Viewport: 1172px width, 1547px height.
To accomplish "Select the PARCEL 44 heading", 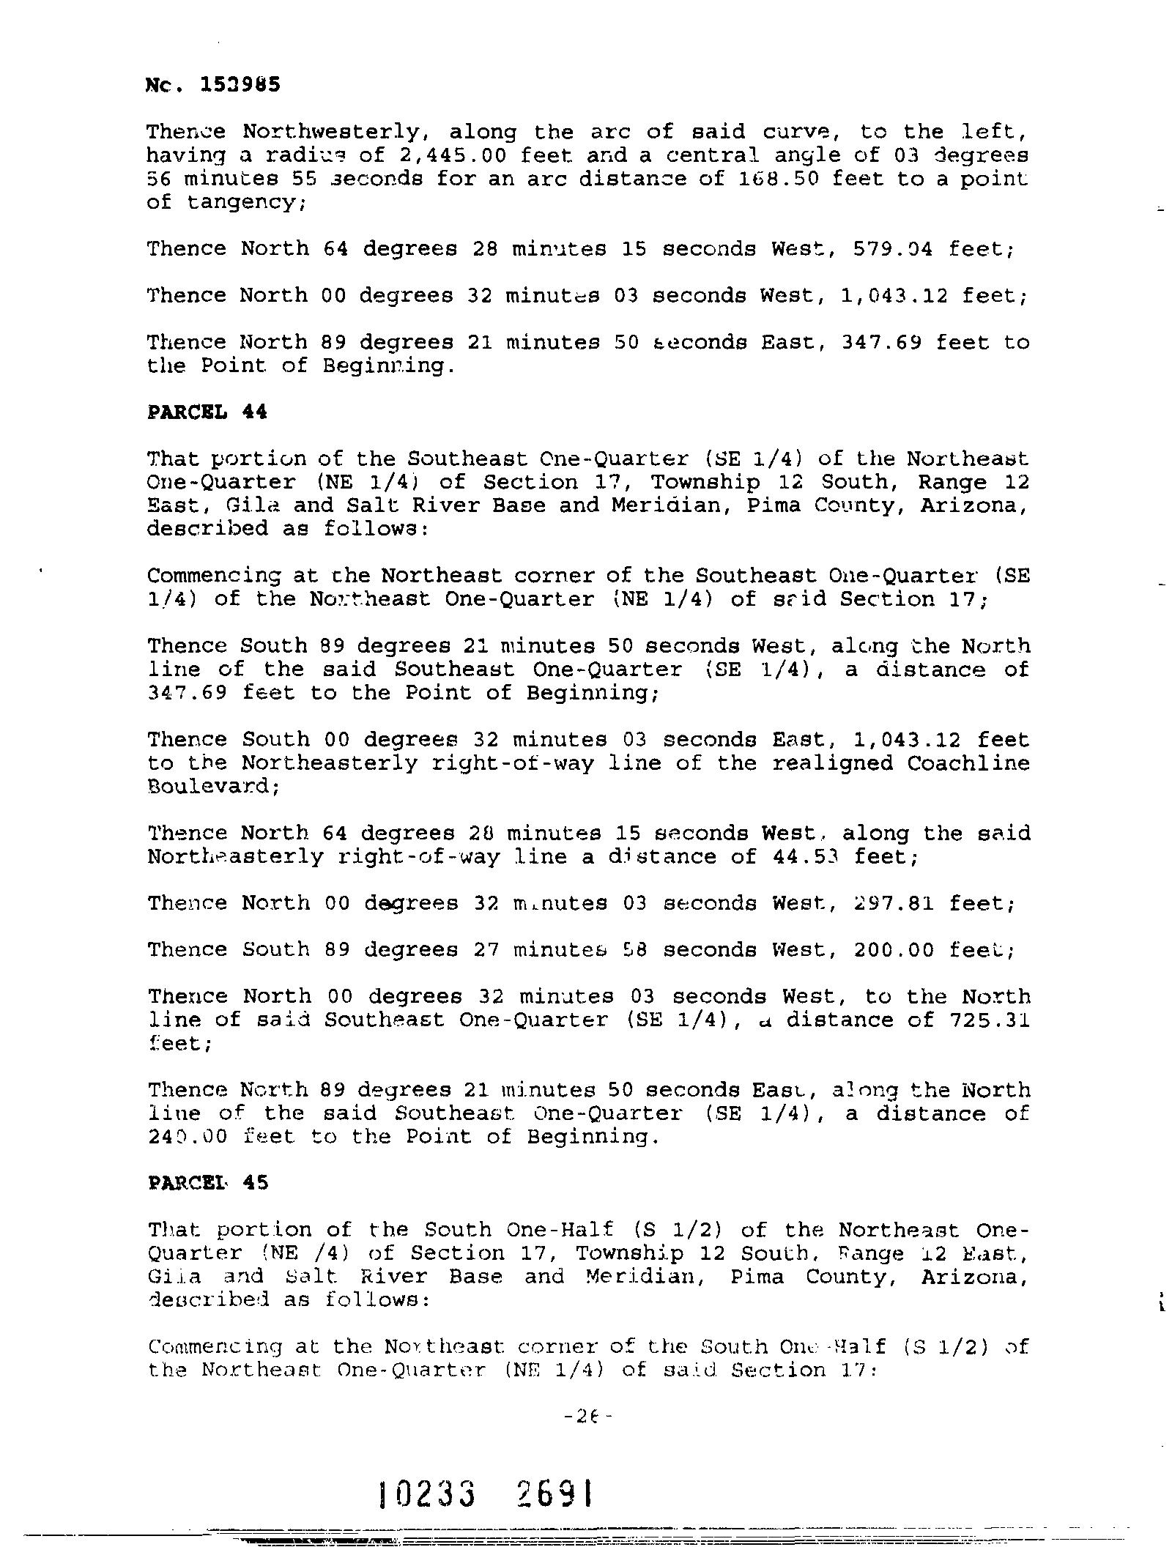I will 207,412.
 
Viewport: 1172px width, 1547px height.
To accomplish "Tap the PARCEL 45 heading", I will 207,1183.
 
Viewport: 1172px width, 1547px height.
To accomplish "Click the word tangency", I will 241,202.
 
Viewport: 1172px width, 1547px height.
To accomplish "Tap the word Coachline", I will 968,763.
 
